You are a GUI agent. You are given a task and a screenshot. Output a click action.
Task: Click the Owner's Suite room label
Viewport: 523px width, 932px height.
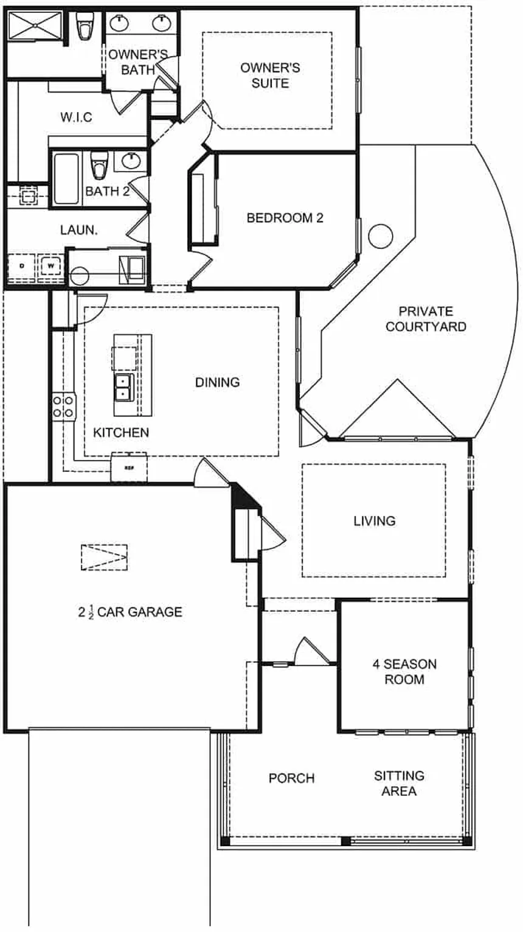(x=270, y=75)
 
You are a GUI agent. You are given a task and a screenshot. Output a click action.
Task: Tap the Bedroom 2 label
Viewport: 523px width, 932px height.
(x=285, y=218)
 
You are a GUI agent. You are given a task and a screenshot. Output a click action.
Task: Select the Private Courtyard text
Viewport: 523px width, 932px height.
(x=426, y=319)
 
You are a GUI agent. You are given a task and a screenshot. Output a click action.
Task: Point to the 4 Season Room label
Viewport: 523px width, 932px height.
(x=404, y=671)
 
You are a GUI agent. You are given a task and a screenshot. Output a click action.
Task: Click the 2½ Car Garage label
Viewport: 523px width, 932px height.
(x=130, y=612)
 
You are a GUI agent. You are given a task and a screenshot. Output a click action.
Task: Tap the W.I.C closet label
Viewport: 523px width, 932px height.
(x=76, y=117)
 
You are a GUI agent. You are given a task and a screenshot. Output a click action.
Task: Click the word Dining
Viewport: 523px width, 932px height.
(x=217, y=382)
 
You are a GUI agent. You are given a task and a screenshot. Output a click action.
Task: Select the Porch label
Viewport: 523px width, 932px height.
(x=292, y=778)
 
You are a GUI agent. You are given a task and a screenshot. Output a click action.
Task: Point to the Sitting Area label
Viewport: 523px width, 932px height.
(x=400, y=783)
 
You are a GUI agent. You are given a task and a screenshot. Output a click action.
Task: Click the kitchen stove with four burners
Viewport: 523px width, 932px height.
(x=63, y=406)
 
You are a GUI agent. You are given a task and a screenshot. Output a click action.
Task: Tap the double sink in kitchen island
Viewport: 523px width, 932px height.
(x=124, y=386)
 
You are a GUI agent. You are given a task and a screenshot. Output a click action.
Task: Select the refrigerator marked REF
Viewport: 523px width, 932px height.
(x=129, y=468)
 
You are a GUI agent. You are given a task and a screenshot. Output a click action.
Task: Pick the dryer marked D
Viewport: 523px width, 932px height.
(x=22, y=266)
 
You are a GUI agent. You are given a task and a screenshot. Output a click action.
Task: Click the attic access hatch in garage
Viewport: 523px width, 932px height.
(x=104, y=557)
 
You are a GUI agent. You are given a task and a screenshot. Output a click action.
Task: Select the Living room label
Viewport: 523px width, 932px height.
(x=375, y=520)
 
